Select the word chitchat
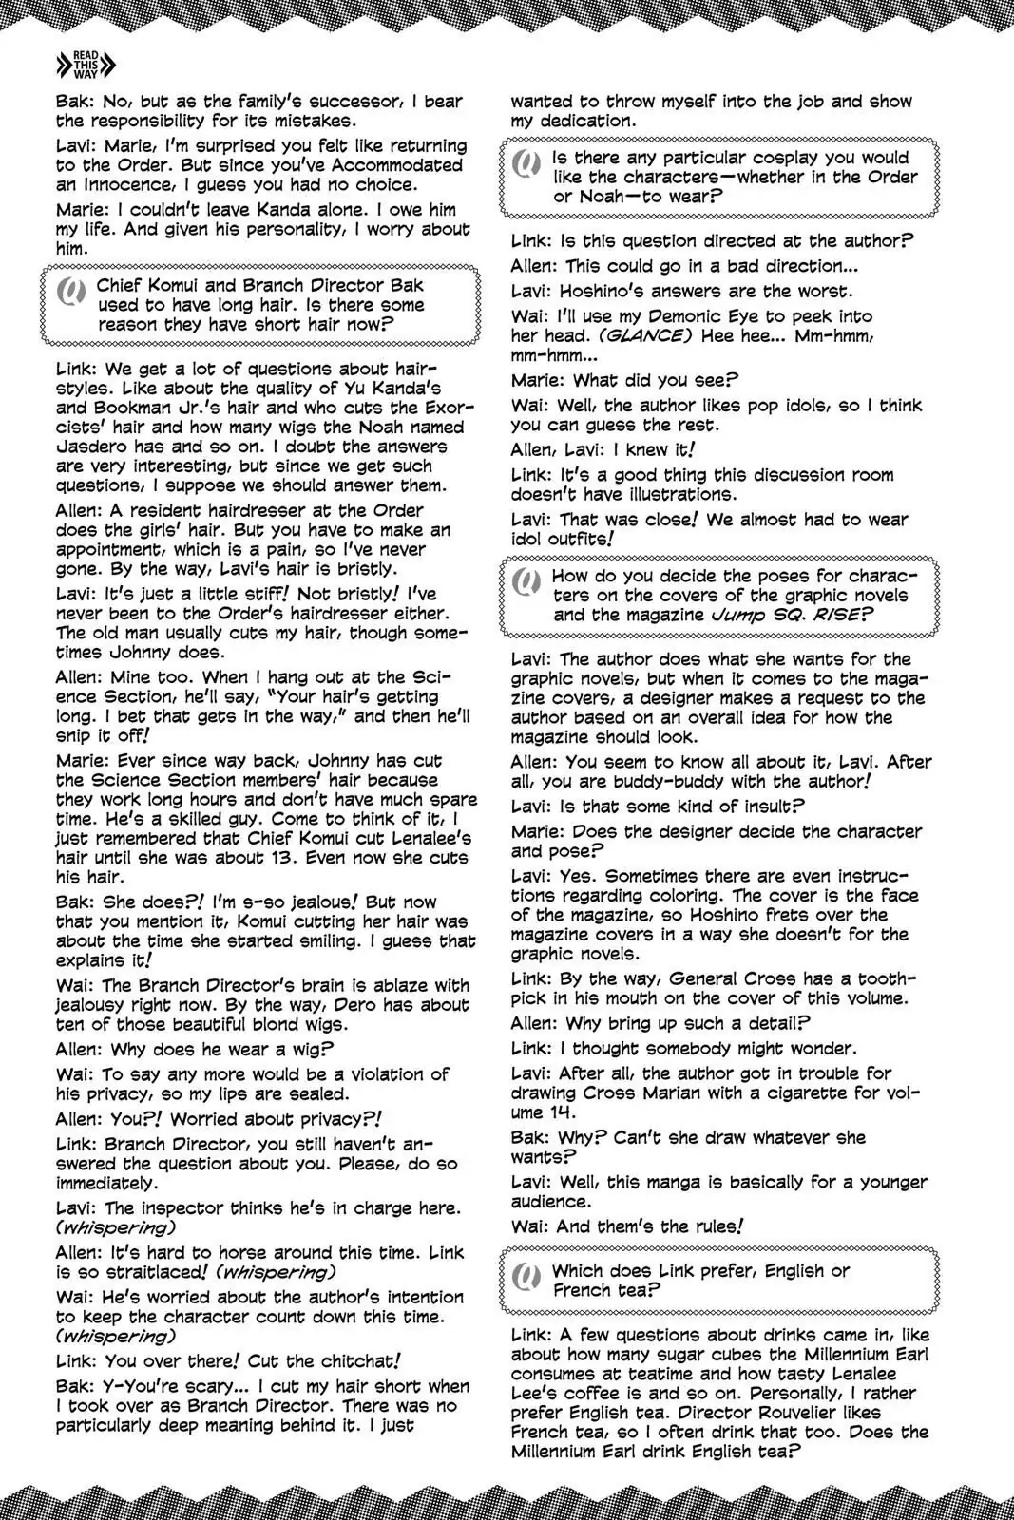(335, 1360)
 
